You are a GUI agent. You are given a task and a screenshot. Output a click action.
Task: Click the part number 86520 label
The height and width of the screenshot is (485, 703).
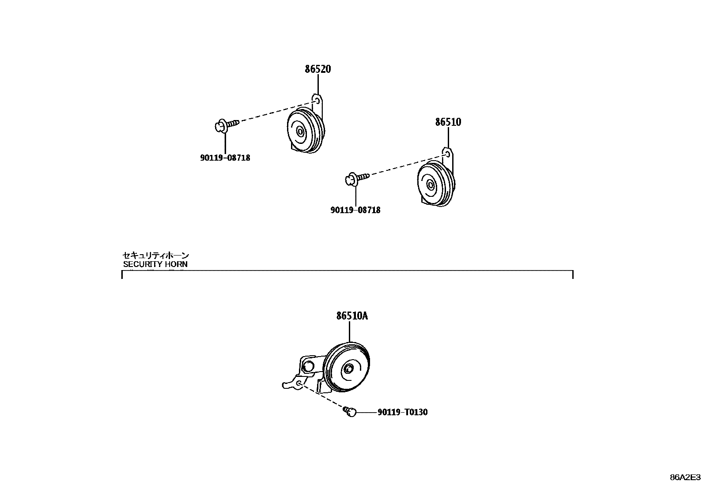(317, 69)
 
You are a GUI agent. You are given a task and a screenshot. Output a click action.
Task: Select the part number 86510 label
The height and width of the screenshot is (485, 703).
(448, 122)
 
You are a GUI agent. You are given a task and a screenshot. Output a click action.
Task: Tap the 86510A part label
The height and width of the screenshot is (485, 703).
(352, 316)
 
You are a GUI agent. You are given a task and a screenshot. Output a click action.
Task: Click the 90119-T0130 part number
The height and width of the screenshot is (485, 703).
(402, 413)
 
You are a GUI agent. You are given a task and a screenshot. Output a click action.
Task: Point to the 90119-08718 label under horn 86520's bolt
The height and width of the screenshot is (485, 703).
(225, 158)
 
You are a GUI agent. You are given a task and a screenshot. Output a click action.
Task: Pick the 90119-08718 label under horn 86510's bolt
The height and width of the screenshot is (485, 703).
(355, 210)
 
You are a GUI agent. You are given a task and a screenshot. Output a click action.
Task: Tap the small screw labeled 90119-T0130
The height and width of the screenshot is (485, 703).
(350, 412)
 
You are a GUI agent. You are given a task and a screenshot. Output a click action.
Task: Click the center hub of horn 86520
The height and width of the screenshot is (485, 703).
(300, 132)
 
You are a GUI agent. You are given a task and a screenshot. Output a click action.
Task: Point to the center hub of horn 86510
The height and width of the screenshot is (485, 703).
(431, 184)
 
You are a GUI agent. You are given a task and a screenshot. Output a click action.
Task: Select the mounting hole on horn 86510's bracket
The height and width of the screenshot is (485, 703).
(447, 154)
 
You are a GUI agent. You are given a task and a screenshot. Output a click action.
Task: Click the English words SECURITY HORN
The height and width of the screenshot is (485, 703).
(155, 264)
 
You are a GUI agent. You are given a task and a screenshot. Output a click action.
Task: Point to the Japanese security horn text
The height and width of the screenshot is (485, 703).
(155, 255)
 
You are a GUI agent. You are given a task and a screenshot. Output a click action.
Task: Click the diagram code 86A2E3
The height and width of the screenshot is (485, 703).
(685, 477)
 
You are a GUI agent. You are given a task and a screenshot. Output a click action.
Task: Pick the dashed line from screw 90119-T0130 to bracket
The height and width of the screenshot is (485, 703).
(322, 397)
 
